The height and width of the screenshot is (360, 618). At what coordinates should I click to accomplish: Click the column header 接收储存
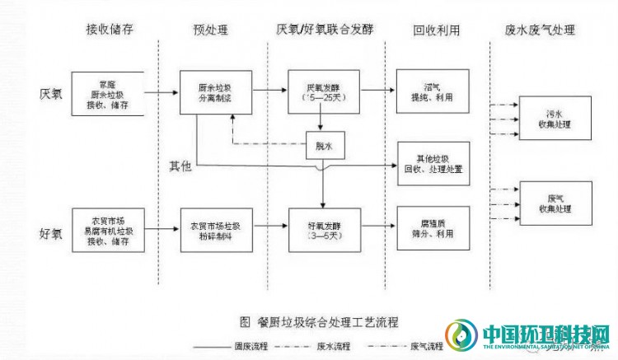[x=110, y=30]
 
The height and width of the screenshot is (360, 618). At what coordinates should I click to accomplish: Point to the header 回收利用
[x=436, y=30]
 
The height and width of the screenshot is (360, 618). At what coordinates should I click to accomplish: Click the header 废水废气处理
[x=540, y=30]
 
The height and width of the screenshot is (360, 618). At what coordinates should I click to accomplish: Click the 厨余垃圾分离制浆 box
[x=216, y=92]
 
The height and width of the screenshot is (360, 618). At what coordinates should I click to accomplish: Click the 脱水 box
[x=323, y=146]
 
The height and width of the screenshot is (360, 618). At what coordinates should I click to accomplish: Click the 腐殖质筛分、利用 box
[x=433, y=228]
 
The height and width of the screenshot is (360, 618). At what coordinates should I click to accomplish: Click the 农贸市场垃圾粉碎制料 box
[x=216, y=230]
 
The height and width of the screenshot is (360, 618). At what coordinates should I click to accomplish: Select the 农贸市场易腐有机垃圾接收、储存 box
[x=109, y=230]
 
